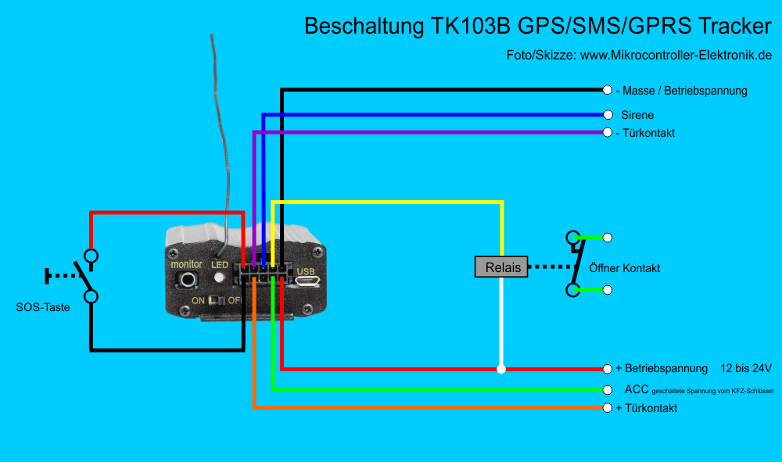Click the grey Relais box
[x=501, y=267]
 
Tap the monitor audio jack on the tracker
[x=188, y=280]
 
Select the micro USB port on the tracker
[x=307, y=281]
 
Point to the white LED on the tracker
[x=219, y=277]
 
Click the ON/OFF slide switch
[x=217, y=300]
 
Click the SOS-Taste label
[x=43, y=307]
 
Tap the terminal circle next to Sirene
[x=608, y=115]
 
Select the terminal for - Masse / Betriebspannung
[x=607, y=90]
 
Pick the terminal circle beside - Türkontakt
[x=607, y=133]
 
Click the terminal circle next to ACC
[x=607, y=390]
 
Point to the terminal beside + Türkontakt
[x=607, y=408]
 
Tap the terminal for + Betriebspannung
[x=607, y=369]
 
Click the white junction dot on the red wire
[x=501, y=369]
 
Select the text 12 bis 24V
[x=745, y=368]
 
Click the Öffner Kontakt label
[x=624, y=268]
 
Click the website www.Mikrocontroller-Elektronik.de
[x=676, y=55]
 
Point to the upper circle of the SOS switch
[x=91, y=256]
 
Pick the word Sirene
[x=637, y=115]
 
